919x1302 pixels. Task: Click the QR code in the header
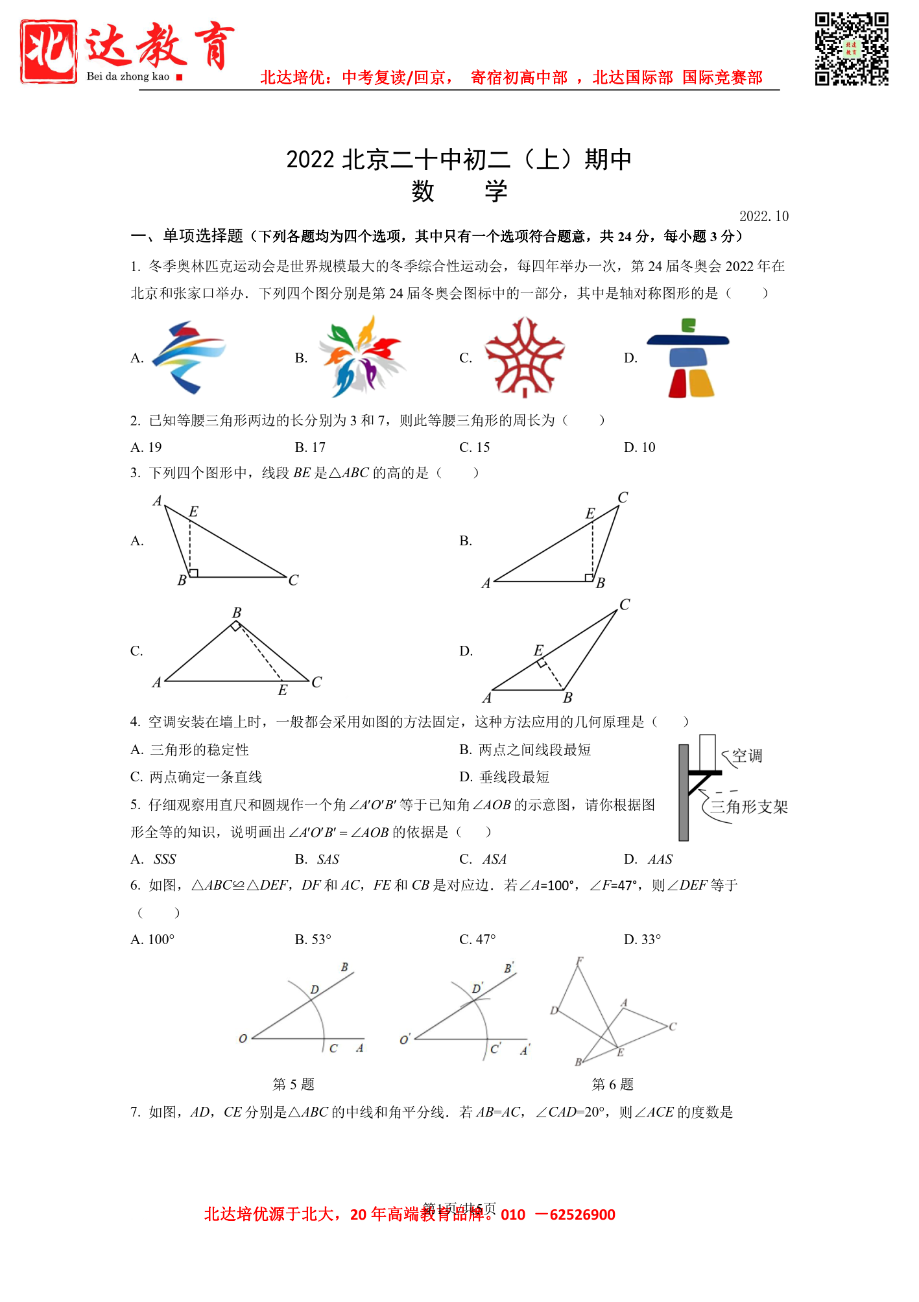[851, 49]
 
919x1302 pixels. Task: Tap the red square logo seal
[49, 51]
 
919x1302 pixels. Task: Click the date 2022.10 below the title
[763, 217]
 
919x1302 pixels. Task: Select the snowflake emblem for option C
[525, 357]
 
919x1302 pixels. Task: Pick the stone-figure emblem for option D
[689, 358]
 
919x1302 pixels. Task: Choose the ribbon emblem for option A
[189, 357]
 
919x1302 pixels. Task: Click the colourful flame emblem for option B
[361, 357]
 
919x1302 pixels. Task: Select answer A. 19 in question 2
[147, 447]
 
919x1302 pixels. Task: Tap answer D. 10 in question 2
[639, 447]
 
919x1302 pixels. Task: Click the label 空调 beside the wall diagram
[747, 756]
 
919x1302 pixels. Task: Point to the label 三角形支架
[749, 807]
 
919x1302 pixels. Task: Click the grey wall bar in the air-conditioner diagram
[684, 792]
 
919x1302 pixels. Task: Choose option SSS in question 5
[165, 860]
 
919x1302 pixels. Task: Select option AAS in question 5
[660, 860]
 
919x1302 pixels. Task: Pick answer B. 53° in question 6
[313, 940]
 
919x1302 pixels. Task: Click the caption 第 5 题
[294, 1084]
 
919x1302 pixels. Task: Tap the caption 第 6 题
[613, 1084]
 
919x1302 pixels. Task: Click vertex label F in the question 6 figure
[580, 961]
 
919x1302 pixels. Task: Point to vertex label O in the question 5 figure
[243, 1039]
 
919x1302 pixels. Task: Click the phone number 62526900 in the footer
[582, 1214]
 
